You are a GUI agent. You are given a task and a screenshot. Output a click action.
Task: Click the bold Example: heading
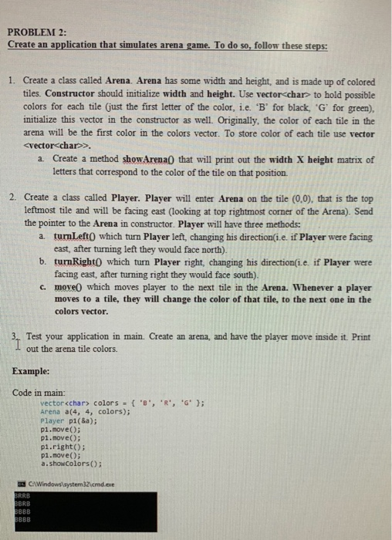click(x=34, y=370)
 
